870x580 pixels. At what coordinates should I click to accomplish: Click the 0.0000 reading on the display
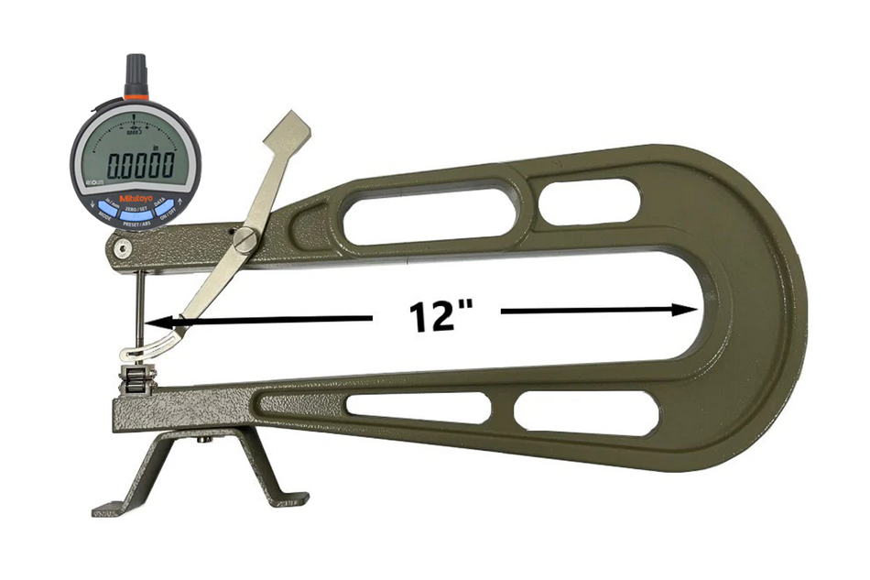(x=141, y=167)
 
